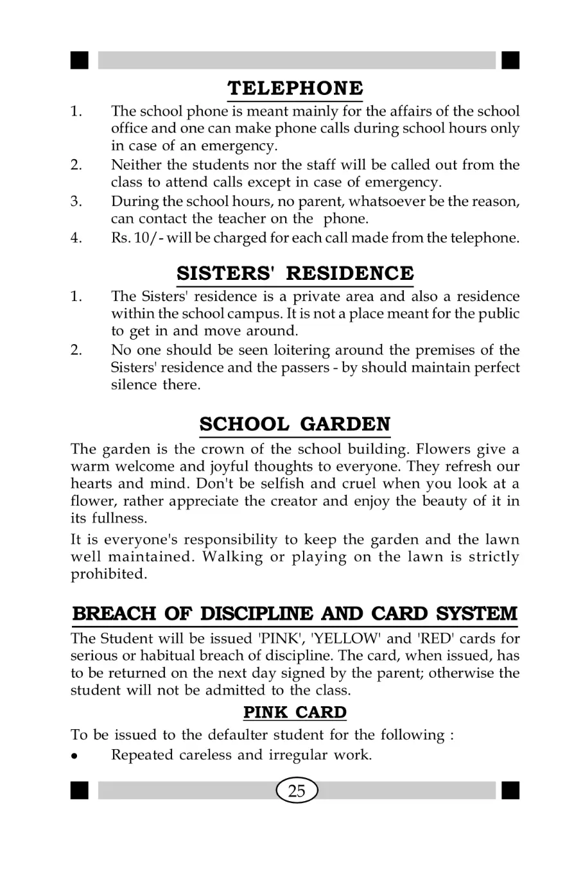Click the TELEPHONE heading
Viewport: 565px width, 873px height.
(295, 87)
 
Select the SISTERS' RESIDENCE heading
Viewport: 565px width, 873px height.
(295, 273)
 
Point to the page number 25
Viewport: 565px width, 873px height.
(297, 790)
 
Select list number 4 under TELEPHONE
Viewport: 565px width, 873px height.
(76, 239)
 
